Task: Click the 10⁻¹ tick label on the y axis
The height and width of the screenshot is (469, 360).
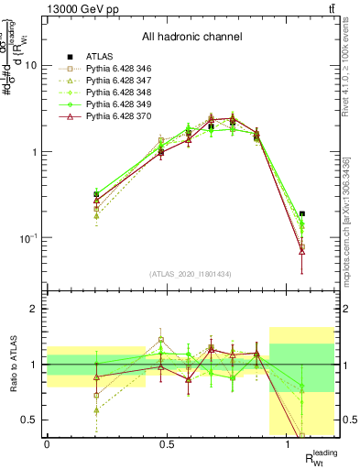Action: click(x=27, y=238)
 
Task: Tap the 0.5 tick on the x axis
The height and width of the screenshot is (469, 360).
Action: click(x=167, y=444)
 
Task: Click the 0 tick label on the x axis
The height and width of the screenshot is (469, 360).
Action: click(x=47, y=444)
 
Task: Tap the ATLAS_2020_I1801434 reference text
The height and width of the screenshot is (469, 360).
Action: click(x=191, y=275)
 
